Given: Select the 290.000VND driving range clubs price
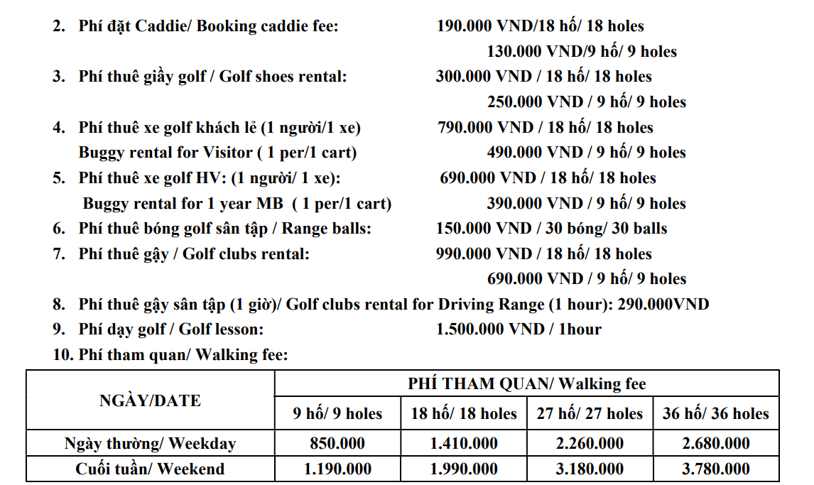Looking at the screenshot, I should [663, 305].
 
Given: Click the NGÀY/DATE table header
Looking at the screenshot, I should [150, 400].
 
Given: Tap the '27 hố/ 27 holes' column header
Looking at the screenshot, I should [590, 413].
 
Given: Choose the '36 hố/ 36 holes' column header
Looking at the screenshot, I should [716, 413].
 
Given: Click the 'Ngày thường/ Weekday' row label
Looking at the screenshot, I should [150, 445].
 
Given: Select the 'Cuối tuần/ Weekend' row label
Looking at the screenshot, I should [150, 469].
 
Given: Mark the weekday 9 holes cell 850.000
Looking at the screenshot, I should [337, 445].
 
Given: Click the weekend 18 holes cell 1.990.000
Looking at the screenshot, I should [464, 469].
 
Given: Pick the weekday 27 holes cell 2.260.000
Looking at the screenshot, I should [590, 445].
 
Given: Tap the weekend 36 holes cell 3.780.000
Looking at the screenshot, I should [716, 469].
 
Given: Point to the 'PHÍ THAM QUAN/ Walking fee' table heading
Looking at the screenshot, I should [526, 384].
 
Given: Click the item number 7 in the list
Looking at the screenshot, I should [58, 254].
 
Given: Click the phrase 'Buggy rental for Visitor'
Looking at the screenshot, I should [165, 153].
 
